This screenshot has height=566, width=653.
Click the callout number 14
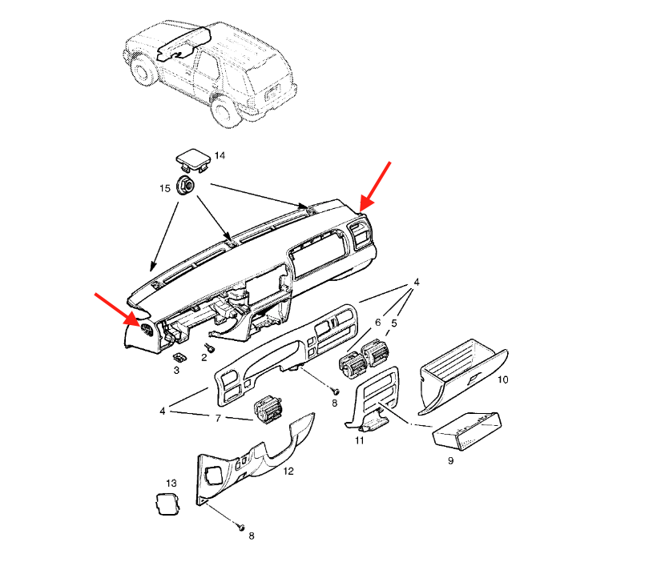coord(220,155)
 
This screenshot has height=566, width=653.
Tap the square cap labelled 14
coord(193,161)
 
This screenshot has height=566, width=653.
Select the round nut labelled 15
coord(186,185)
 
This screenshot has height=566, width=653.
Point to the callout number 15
coord(165,188)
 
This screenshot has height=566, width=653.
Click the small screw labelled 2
coord(209,347)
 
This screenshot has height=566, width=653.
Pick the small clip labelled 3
coord(179,358)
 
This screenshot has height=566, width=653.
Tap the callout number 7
coord(218,418)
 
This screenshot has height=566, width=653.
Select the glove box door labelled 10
coord(463,376)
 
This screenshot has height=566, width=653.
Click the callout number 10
coord(502,379)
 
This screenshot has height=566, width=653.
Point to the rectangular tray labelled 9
coord(467,432)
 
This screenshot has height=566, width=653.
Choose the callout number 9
coord(450,460)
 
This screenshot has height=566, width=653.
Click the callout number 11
coord(360,440)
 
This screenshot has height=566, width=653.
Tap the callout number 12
coord(288,471)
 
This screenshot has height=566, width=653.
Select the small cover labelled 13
coord(167,504)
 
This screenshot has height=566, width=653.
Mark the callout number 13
coord(171,484)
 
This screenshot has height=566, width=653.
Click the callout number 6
coord(377,322)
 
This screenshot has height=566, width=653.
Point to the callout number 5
coord(394,323)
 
